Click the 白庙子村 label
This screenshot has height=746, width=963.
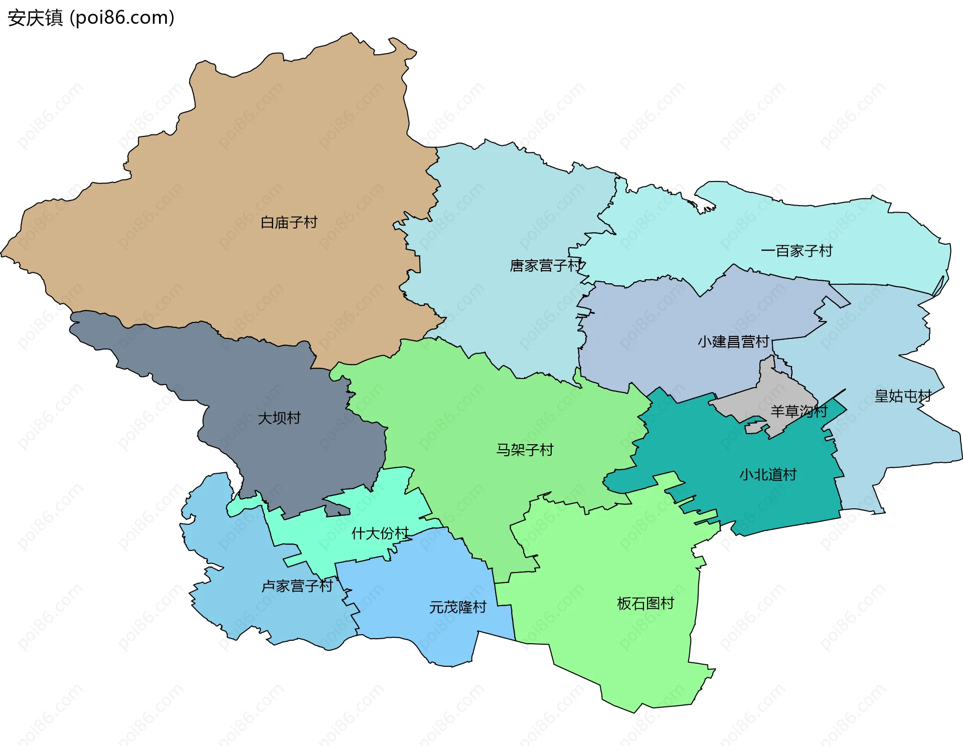tap(289, 222)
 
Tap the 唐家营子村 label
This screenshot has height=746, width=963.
tap(546, 265)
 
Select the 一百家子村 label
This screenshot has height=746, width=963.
tap(796, 251)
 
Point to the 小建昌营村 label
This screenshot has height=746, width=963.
tap(733, 342)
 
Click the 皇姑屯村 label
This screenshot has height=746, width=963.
tap(903, 396)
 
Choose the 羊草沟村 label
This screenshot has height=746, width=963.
tap(798, 412)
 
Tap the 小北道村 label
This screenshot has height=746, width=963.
tap(768, 474)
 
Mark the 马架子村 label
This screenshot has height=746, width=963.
tap(525, 450)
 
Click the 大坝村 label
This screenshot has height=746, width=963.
tap(279, 418)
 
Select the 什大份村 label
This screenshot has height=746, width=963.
tap(380, 533)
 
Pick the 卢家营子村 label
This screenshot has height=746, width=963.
tap(297, 586)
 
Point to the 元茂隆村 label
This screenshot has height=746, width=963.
tap(457, 607)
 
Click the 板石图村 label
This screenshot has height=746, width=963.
tap(646, 603)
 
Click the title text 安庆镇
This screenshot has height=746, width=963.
tap(35, 18)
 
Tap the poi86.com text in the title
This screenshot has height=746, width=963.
tap(122, 18)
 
